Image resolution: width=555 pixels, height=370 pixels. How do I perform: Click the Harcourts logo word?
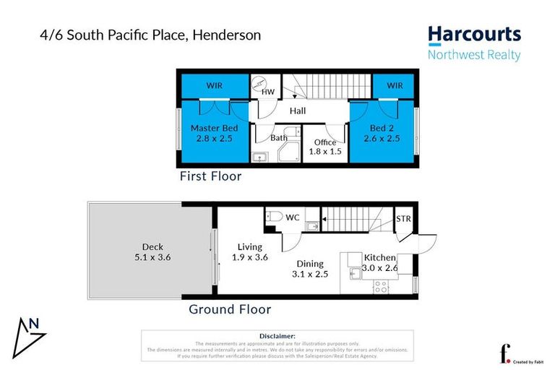point(474,35)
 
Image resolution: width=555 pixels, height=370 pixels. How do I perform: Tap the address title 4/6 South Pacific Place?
point(150,35)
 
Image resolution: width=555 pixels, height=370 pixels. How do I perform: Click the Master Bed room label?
point(214,133)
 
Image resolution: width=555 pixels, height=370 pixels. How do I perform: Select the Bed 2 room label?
point(382,133)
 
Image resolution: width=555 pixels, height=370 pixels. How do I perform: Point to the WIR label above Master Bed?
point(214,86)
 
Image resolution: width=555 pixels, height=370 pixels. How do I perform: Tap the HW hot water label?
point(268,92)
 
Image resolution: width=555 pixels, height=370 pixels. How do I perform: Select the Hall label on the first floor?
point(298,111)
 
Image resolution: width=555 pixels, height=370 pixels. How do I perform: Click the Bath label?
point(279,137)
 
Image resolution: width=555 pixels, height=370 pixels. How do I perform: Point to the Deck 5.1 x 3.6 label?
point(152,251)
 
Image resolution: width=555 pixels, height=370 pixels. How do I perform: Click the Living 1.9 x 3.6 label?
point(250,251)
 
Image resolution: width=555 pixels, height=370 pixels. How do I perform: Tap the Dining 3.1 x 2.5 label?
point(309,269)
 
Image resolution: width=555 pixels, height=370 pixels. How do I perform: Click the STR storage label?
point(403,218)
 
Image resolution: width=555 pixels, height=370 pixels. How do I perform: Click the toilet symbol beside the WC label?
point(273,216)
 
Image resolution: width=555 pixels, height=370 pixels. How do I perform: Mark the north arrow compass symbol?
point(31,333)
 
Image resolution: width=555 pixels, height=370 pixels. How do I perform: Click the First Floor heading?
point(210,176)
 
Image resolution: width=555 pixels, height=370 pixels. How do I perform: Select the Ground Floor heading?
point(230,309)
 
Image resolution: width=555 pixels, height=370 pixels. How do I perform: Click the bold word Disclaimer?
point(277,336)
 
